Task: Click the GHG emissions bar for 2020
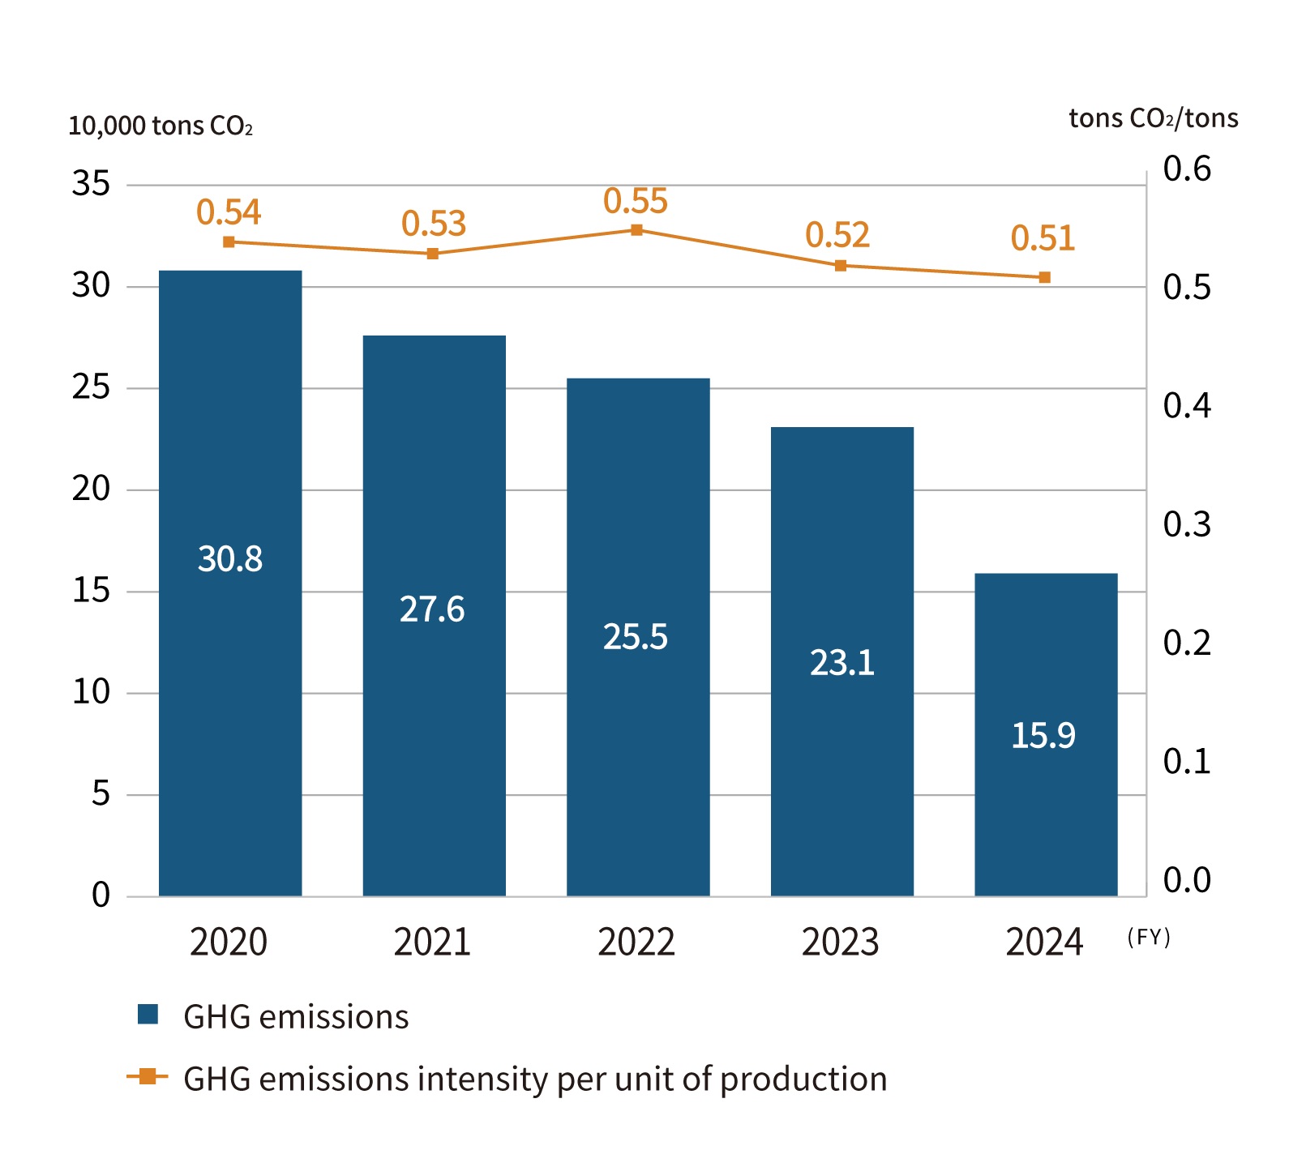coord(230,583)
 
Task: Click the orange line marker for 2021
coord(433,254)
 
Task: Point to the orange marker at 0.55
coord(637,230)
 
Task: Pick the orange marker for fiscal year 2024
coord(1045,277)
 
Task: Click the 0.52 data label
coord(837,235)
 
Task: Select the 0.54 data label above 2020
coord(229,212)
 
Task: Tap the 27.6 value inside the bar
coord(432,609)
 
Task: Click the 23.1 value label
coord(841,663)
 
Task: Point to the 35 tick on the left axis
coord(91,184)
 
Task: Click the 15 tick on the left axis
coord(91,591)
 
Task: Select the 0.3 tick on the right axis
coord(1187,524)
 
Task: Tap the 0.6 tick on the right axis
coord(1187,169)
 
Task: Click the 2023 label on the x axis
coord(841,942)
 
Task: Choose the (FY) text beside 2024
coord(1149,937)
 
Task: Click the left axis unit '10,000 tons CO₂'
coord(161,126)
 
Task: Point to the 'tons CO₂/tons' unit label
coord(1153,118)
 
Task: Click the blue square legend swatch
coord(148,1015)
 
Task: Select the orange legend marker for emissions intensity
coord(148,1076)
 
